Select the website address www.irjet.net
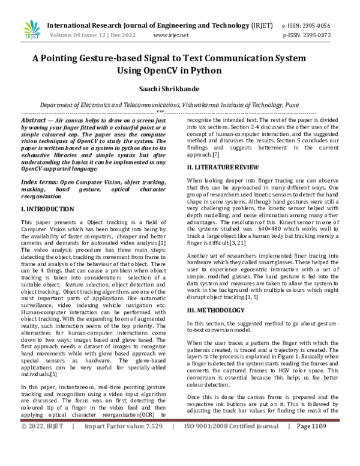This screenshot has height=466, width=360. pos(171,35)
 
